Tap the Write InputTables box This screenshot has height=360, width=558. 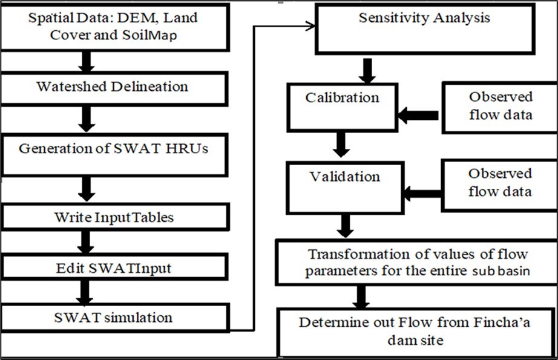114,217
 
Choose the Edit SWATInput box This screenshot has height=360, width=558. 114,267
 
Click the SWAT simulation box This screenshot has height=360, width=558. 114,318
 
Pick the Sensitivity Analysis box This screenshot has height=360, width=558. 424,28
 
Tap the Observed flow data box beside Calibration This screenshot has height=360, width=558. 499,106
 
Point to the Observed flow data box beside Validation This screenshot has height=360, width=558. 499,183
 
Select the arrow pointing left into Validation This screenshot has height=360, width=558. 422,194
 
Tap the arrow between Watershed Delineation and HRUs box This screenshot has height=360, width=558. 87,119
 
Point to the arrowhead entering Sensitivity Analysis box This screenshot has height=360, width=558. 311,25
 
